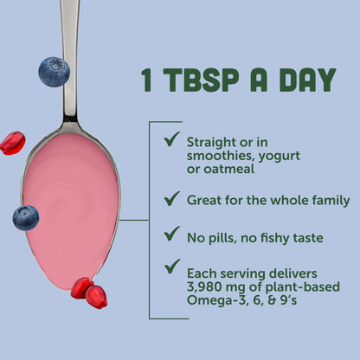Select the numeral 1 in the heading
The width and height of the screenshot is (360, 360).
coord(149,80)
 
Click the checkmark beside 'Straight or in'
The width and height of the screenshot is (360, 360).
coord(171,139)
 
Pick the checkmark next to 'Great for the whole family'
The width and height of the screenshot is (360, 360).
coord(171,199)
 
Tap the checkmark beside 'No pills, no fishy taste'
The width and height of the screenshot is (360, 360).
coord(171,234)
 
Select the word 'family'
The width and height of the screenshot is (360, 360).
coord(328,200)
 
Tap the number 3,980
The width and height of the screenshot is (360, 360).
coord(208,286)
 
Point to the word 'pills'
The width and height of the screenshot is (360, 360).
coord(223,235)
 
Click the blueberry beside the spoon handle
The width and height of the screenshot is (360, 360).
coord(54,71)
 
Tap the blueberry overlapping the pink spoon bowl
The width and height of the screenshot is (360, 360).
coord(26,217)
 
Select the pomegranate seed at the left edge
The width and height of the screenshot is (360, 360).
coord(11,143)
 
